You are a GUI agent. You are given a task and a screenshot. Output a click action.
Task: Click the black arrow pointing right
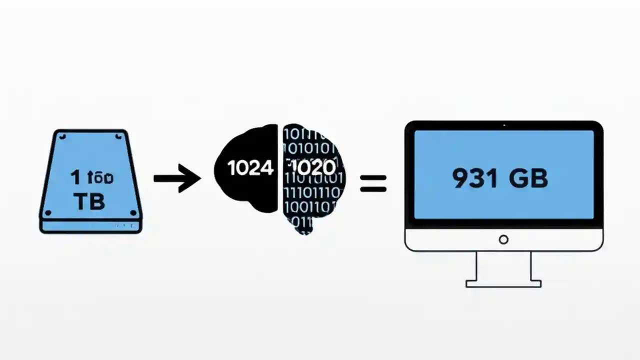pos(177,178)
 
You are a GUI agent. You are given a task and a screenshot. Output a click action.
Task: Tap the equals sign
pos(373,183)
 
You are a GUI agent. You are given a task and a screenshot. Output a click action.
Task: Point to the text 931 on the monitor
pos(475,178)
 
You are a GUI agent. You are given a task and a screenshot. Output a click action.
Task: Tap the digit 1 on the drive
pos(75,177)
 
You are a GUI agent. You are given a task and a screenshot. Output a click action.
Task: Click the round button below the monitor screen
pos(503,239)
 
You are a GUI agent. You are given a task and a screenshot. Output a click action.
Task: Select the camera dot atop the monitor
pos(503,125)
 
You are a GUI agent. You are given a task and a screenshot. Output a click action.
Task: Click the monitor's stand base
pos(503,283)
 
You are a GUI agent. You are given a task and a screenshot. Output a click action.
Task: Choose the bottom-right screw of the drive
pos(133,213)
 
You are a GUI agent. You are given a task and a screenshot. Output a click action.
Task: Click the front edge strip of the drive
pos(91,226)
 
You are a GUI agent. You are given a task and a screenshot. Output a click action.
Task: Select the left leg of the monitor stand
pos(477,266)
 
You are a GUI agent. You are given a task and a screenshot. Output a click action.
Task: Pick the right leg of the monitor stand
pos(530,266)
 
